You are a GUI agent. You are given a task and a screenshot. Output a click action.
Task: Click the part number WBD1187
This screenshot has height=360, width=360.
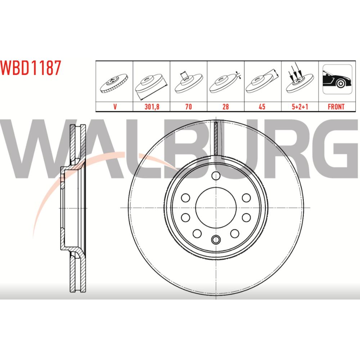31,68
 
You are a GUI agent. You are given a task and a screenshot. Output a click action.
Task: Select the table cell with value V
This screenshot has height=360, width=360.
115,107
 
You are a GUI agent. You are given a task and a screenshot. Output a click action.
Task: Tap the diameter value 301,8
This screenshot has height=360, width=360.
152,107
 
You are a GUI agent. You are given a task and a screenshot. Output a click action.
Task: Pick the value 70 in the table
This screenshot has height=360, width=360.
189,107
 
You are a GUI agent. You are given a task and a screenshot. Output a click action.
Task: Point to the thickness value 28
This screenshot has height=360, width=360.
226,107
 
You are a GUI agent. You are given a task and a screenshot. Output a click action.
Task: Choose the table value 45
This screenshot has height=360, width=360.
262,107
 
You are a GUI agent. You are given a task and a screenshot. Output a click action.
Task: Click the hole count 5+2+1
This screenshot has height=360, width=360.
300,107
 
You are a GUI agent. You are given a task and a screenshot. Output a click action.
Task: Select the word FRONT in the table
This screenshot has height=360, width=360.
336,107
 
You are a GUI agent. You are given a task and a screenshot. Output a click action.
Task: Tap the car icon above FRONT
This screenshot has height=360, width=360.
337,79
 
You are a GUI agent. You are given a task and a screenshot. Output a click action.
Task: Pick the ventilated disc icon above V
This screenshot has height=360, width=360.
114,83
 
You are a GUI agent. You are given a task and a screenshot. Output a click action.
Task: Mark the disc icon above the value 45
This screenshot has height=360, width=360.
262,81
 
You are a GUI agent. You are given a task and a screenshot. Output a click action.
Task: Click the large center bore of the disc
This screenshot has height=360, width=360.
216,208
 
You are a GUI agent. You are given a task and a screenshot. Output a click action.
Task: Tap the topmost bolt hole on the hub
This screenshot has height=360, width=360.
216,176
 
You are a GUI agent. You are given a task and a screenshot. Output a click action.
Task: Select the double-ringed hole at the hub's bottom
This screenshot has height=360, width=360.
216,240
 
